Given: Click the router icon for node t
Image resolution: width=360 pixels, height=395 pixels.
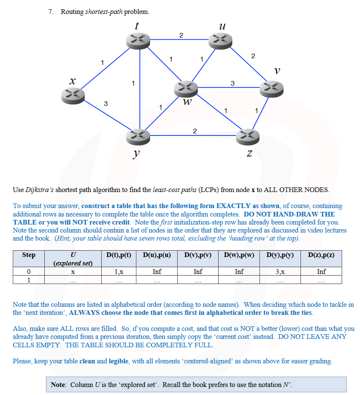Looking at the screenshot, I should [138, 40].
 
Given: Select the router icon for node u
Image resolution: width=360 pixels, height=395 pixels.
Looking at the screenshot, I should [221, 41].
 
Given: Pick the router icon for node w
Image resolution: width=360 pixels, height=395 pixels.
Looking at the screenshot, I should [186, 88].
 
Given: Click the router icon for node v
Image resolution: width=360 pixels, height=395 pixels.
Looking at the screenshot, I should [271, 88].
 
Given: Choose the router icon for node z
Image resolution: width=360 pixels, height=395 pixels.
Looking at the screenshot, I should [248, 136].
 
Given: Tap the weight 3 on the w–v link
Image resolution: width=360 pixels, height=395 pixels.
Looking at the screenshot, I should [233, 83].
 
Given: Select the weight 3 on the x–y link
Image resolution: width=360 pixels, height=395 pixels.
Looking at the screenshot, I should [106, 103].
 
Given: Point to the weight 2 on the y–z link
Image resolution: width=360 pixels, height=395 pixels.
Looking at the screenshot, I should [195, 131].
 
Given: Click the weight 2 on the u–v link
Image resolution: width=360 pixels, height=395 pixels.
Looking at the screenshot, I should [253, 56].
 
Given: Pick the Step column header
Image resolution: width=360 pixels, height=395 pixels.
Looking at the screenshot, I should [29, 255].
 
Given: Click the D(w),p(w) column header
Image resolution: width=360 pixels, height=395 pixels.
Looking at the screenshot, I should [239, 255].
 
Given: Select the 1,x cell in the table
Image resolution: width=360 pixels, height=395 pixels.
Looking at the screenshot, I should [119, 272].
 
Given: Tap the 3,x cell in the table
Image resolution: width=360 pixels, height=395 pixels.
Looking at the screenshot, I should [280, 272].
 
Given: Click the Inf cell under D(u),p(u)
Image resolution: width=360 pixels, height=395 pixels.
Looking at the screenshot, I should [157, 272].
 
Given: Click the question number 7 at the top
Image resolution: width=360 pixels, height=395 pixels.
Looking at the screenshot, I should [51, 12].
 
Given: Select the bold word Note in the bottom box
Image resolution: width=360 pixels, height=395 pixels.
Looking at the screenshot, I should [58, 384].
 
